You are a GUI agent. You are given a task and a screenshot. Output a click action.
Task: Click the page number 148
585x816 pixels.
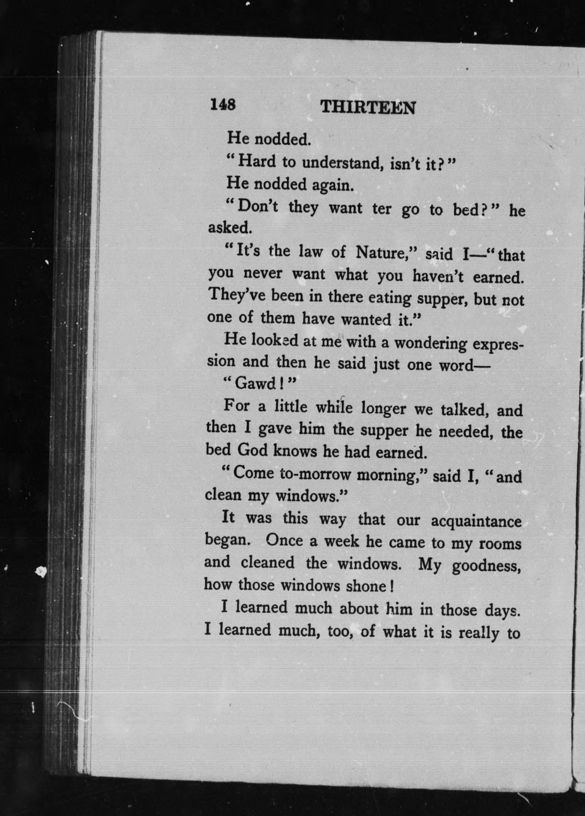coord(223,104)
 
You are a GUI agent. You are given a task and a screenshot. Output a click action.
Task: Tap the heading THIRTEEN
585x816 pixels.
coord(368,108)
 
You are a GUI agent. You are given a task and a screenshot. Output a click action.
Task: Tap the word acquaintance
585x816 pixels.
coord(476,522)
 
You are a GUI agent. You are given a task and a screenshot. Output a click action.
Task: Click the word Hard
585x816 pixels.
coord(256,161)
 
